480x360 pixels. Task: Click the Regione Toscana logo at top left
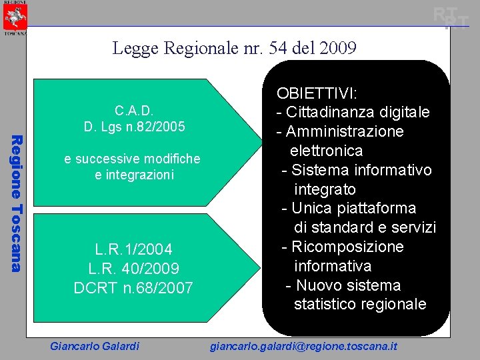click(x=14, y=17)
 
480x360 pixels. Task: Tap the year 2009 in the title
click(x=339, y=48)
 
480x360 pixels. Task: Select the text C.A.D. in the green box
click(x=135, y=111)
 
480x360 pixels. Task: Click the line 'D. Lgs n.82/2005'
click(x=135, y=126)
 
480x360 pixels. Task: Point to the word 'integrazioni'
click(x=134, y=175)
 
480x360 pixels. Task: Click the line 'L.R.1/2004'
click(x=133, y=249)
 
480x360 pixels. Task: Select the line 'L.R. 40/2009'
click(x=133, y=269)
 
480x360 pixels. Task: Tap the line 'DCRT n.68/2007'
click(x=133, y=288)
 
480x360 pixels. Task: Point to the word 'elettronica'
click(x=326, y=151)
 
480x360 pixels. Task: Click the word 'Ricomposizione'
click(x=347, y=247)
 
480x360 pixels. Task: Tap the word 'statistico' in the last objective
click(x=325, y=305)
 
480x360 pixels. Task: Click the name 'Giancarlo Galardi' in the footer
click(x=95, y=346)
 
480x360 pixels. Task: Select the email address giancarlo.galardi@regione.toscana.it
click(x=303, y=346)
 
